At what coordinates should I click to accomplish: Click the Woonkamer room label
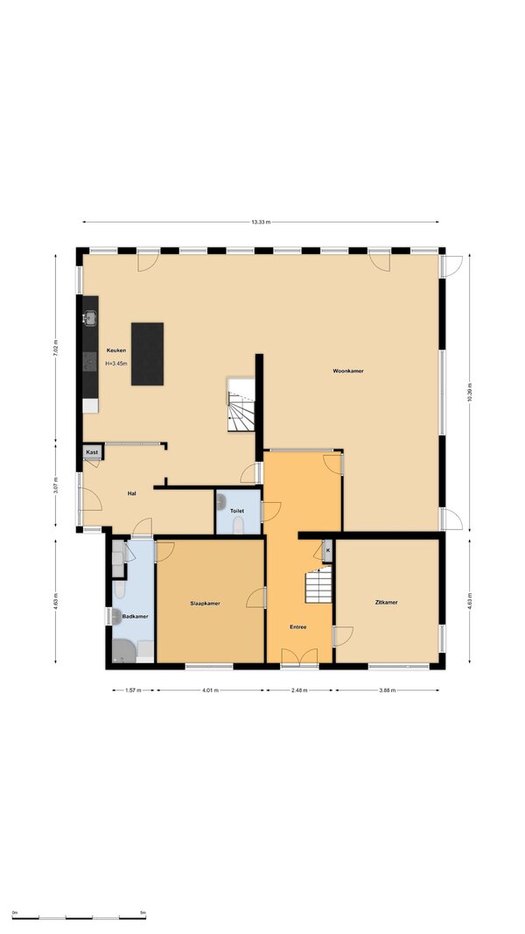[x=348, y=371]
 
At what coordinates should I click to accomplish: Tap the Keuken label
[x=116, y=350]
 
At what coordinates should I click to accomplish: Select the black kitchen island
[x=148, y=354]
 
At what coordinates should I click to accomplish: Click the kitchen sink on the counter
[x=90, y=318]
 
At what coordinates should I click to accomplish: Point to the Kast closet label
[x=92, y=453]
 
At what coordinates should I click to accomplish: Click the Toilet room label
[x=238, y=511]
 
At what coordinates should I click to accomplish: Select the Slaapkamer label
[x=205, y=604]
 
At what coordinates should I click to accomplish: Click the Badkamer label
[x=135, y=617]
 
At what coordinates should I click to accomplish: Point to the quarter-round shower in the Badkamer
[x=123, y=651]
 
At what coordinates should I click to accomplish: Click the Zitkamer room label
[x=387, y=602]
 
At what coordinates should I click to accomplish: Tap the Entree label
[x=297, y=626]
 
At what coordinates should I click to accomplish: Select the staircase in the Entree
[x=318, y=584]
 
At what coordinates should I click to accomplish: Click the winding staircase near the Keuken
[x=241, y=405]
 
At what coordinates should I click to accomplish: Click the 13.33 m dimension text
[x=261, y=223]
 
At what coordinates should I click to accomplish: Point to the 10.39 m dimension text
[x=470, y=392]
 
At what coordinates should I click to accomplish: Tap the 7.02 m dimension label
[x=55, y=348]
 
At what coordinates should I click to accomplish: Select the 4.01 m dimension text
[x=210, y=691]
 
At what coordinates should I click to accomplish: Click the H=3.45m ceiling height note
[x=116, y=363]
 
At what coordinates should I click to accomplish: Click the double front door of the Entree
[x=299, y=657]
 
